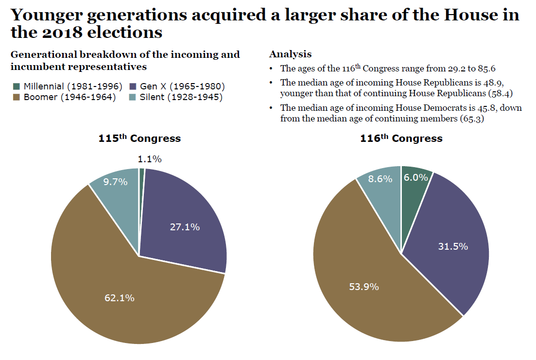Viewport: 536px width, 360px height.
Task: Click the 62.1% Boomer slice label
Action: point(120,298)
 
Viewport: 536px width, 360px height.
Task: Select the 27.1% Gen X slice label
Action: point(185,227)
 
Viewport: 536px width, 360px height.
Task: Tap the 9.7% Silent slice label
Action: point(116,182)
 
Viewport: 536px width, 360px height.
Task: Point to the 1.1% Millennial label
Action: point(150,159)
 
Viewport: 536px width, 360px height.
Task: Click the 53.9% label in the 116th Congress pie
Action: point(364,287)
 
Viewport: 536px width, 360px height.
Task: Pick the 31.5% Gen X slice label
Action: point(453,246)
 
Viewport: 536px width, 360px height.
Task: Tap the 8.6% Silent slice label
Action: point(380,179)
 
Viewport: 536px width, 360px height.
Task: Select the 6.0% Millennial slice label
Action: point(416,178)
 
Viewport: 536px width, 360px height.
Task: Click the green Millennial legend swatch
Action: point(17,86)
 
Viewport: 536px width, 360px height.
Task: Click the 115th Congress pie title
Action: point(139,138)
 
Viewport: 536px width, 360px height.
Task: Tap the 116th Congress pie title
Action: point(401,138)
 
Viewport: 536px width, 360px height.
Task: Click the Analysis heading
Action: point(290,54)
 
